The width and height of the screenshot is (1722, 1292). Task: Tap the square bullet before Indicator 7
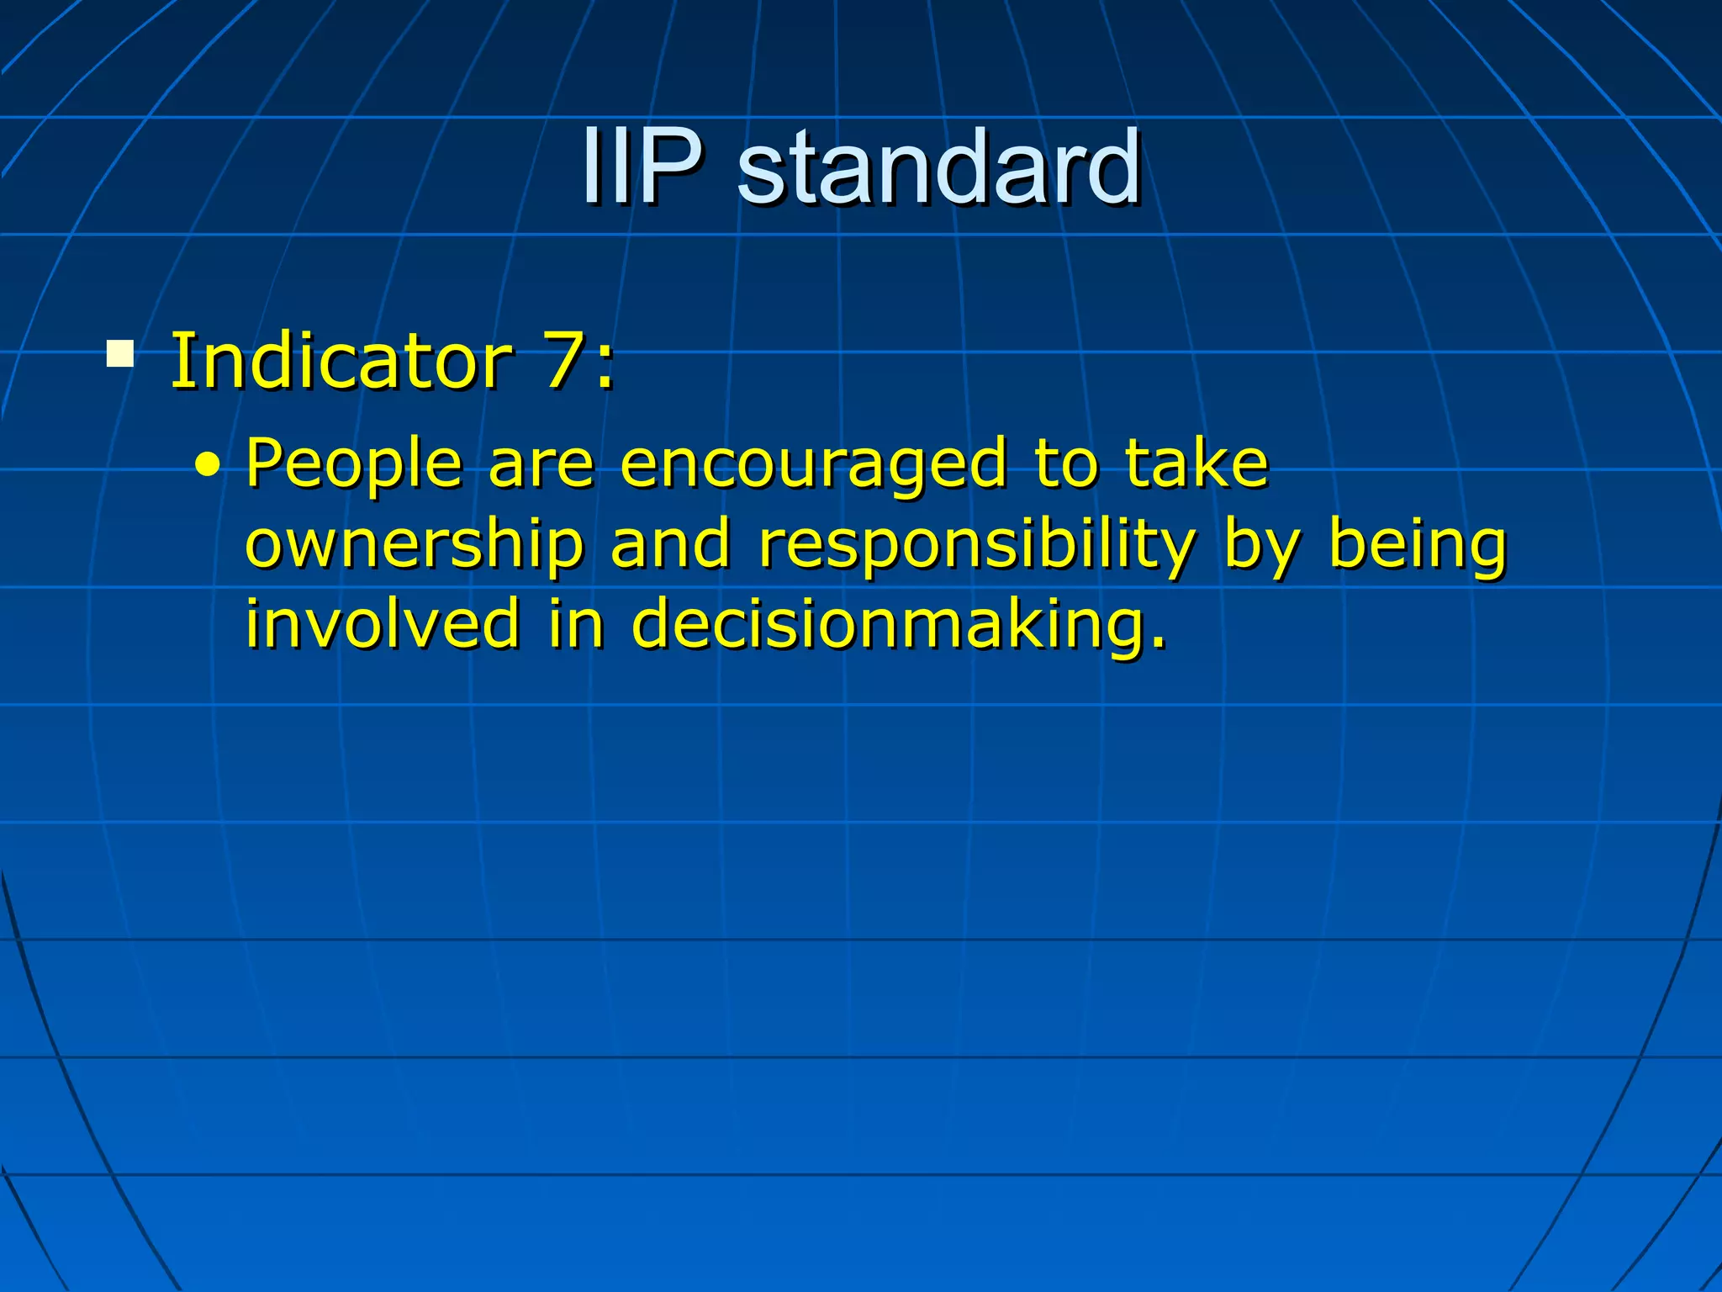click(120, 354)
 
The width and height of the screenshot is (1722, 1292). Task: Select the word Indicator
click(341, 362)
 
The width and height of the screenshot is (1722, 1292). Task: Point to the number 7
click(563, 362)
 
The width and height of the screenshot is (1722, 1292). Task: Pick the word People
click(354, 464)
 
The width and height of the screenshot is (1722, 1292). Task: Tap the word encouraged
click(813, 464)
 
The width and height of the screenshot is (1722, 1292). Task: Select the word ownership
click(415, 545)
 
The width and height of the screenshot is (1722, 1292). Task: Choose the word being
click(1418, 545)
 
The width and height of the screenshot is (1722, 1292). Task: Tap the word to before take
click(1066, 464)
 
